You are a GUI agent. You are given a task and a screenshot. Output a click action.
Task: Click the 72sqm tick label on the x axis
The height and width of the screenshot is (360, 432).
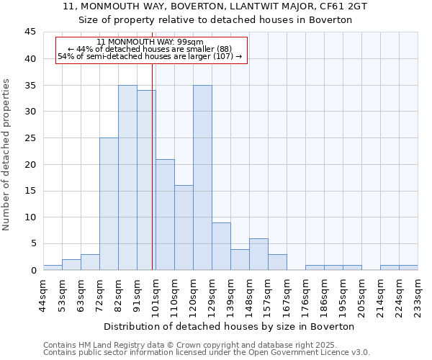click(x=99, y=293)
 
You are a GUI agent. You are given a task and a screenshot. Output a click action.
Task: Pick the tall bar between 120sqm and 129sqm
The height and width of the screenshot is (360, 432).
click(x=202, y=178)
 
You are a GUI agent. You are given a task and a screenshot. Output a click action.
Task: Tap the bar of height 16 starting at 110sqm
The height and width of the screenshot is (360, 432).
click(x=184, y=228)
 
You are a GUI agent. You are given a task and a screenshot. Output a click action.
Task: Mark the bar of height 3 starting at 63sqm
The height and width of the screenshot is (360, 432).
click(x=90, y=262)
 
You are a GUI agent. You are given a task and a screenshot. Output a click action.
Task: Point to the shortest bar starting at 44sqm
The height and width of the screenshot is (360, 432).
click(x=53, y=267)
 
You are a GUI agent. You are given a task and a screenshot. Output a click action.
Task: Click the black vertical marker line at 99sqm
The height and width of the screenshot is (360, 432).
click(x=153, y=180)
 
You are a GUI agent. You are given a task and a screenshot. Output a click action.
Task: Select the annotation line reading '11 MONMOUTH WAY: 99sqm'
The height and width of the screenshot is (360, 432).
click(x=150, y=42)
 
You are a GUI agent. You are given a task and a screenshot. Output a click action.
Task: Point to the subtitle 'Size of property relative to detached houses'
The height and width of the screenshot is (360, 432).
click(x=215, y=19)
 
